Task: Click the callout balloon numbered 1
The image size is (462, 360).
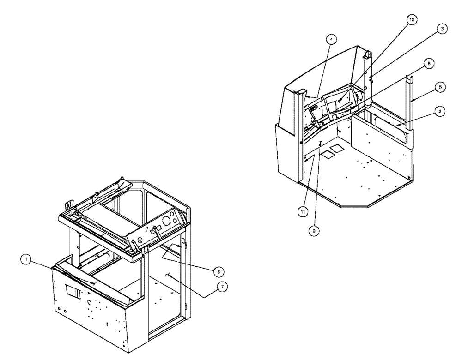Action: click(x=27, y=261)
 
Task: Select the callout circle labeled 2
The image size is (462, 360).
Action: click(x=441, y=112)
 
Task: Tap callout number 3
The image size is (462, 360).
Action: click(x=442, y=29)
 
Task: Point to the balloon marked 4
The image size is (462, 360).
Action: click(x=330, y=40)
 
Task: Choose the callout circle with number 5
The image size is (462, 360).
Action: click(x=441, y=86)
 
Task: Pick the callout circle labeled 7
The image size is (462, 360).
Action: click(x=222, y=287)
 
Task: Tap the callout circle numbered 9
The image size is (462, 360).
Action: click(x=314, y=228)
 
